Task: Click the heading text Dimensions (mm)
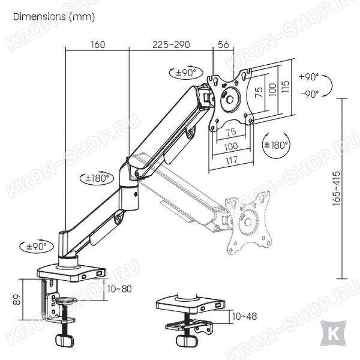pyautogui.click(x=54, y=17)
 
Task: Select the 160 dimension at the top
pyautogui.click(x=98, y=44)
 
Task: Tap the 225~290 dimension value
pyautogui.click(x=171, y=44)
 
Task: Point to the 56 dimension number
pyautogui.click(x=223, y=44)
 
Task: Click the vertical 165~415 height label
pyautogui.click(x=337, y=188)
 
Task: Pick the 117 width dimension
pyautogui.click(x=231, y=160)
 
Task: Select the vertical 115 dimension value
pyautogui.click(x=285, y=86)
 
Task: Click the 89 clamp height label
pyautogui.click(x=17, y=299)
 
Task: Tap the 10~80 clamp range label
pyautogui.click(x=119, y=289)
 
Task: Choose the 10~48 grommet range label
pyautogui.click(x=244, y=316)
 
